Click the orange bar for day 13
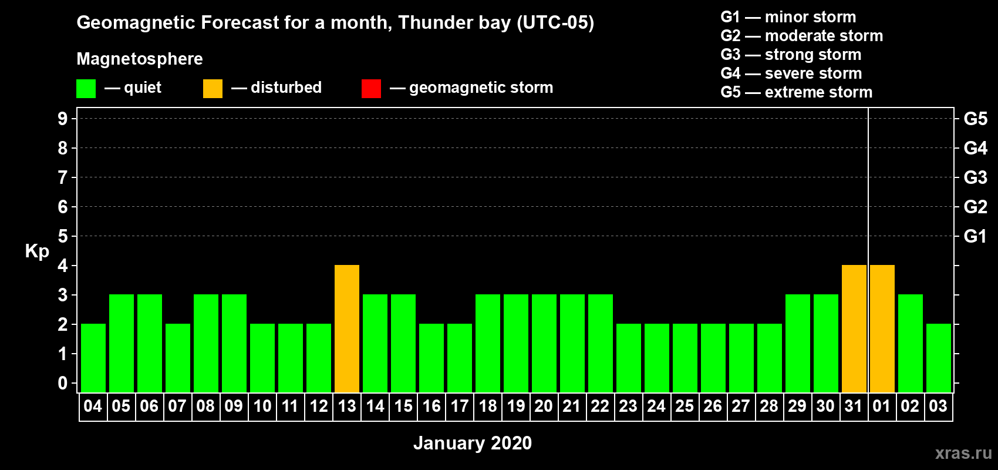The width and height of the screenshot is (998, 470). tap(346, 328)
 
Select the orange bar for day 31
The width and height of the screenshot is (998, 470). tap(854, 328)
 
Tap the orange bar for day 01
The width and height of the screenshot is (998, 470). tap(882, 328)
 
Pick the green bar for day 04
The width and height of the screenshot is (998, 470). tap(93, 358)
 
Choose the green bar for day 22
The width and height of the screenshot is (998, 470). tap(601, 343)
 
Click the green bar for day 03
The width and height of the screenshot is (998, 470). tap(939, 358)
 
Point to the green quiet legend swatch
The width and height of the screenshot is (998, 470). tap(86, 88)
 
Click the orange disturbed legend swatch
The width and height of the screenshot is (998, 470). tap(213, 88)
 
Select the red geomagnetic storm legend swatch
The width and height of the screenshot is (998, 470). tap(371, 88)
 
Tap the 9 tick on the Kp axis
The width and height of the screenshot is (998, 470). tap(62, 119)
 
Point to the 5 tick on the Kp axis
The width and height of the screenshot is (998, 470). tap(62, 236)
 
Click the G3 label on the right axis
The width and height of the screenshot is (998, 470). tap(976, 177)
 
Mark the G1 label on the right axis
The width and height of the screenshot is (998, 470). tap(976, 236)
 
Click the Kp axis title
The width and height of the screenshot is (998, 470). tap(36, 251)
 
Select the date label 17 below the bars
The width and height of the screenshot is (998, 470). tap(460, 406)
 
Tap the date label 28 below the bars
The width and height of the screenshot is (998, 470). tap(770, 406)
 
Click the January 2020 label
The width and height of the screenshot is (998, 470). tap(473, 443)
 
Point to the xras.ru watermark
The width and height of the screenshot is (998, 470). tap(963, 453)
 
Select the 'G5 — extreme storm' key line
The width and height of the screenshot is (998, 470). tap(797, 92)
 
